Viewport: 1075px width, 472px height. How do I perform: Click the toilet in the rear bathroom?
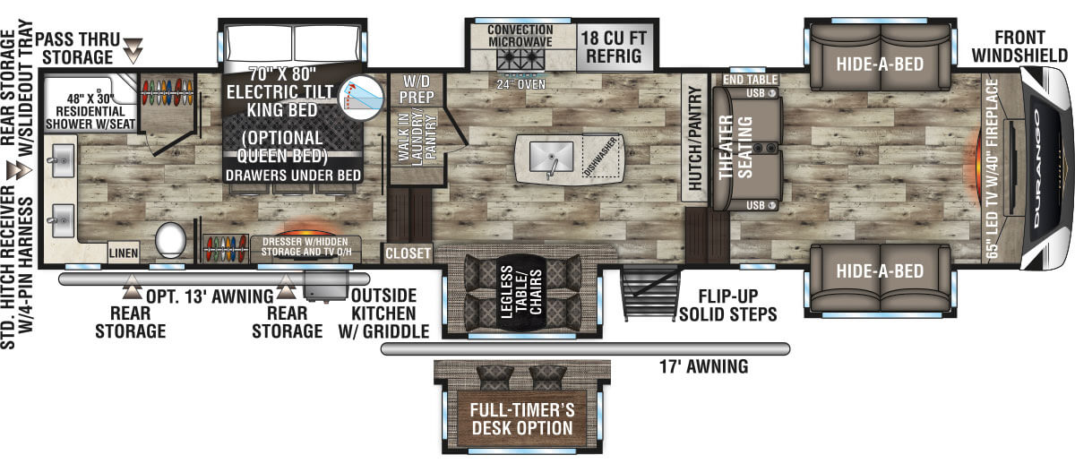[x=170, y=241]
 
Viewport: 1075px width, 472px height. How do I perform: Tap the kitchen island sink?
[x=551, y=157]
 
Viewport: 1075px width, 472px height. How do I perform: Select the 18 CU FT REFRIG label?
[x=614, y=47]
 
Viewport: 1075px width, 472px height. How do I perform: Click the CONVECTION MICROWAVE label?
[x=520, y=36]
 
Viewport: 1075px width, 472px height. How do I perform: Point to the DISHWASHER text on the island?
[x=600, y=157]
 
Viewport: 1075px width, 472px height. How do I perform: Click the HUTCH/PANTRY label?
[x=694, y=138]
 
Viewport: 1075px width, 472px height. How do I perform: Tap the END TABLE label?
[x=750, y=80]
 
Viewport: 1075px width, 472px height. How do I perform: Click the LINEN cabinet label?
[x=124, y=253]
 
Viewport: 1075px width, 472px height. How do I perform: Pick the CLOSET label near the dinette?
[x=408, y=253]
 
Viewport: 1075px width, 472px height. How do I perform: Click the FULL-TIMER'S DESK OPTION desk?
[x=522, y=419]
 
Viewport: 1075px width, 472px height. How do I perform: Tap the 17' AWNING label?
[x=703, y=366]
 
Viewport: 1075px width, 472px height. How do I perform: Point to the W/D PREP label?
[x=417, y=90]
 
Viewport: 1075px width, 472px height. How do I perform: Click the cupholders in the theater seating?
[x=765, y=147]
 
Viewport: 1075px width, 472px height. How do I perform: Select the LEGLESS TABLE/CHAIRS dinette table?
[x=521, y=292]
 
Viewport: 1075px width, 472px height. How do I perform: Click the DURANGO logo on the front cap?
[x=1036, y=168]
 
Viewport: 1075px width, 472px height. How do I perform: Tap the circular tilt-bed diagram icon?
[x=361, y=98]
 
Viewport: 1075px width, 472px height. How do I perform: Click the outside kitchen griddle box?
[x=326, y=286]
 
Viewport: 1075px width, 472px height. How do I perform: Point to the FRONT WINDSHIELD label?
[x=1019, y=47]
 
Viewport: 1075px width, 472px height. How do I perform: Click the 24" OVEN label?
[x=520, y=85]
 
